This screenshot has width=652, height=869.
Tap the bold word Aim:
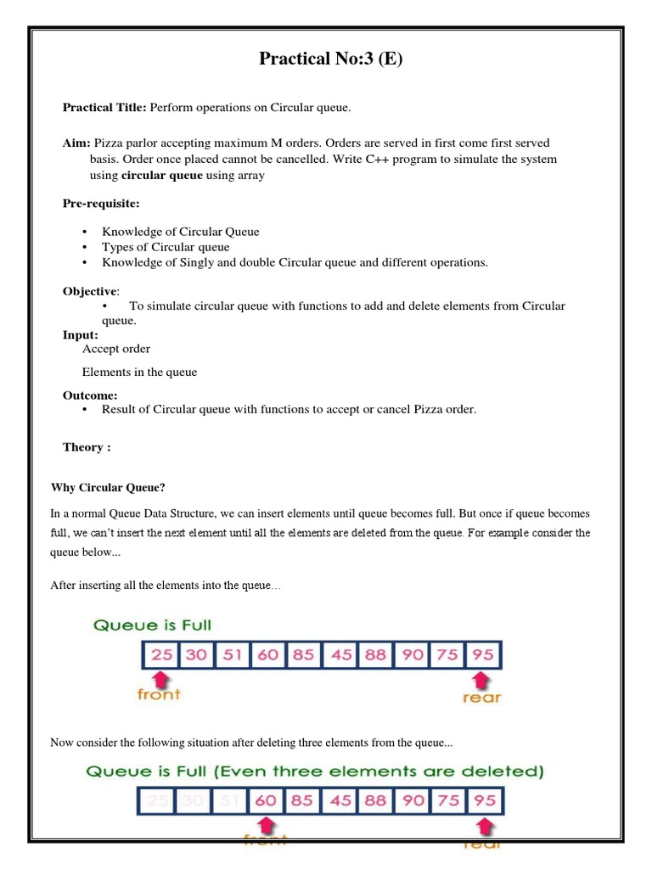point(77,143)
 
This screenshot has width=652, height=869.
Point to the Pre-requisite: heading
point(98,204)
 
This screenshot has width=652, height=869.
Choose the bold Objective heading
point(91,291)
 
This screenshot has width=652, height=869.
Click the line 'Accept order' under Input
point(116,349)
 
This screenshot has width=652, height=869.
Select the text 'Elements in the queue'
point(139,372)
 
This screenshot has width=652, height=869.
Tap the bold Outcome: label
point(90,395)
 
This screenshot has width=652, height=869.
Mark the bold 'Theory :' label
point(87,447)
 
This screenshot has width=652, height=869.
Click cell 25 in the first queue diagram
point(159,655)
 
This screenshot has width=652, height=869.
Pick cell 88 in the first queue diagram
point(375,655)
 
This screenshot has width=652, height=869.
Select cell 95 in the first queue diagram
point(484,655)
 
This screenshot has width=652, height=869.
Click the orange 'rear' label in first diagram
point(481,697)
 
